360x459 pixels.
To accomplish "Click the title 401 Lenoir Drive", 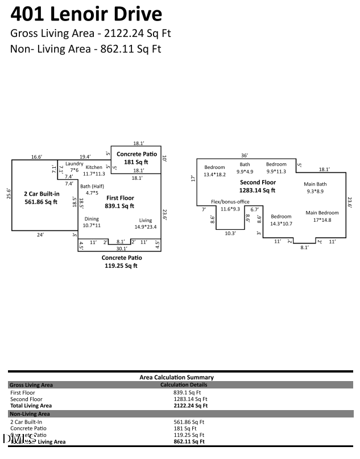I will tap(86, 14).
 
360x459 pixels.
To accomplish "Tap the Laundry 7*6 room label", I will tap(75, 167).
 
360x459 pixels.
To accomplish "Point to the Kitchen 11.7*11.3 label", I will tap(94, 170).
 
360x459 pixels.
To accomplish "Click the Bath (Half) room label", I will tap(92, 189).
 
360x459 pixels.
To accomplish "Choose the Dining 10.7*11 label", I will tap(92, 222).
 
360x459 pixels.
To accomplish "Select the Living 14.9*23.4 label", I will tap(146, 224).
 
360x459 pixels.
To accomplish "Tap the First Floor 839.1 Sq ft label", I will tap(120, 202).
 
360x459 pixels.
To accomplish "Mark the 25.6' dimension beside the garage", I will tap(9, 195).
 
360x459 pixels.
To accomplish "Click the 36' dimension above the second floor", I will tap(245, 155).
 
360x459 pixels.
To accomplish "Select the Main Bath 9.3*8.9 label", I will tap(315, 188).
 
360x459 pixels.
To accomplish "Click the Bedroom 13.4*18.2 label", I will tap(214, 171).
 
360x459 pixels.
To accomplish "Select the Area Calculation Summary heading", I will tap(176, 377).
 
